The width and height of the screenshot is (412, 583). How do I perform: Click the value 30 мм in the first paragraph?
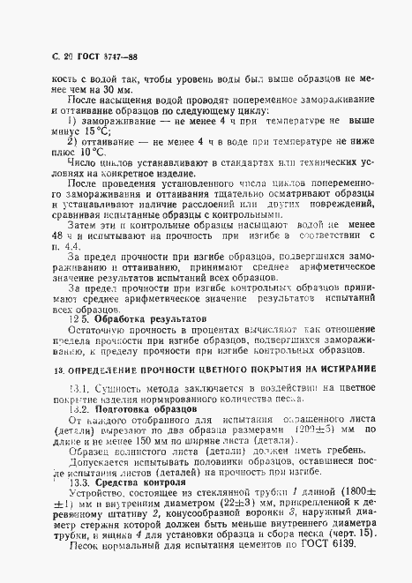pos(109,90)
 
